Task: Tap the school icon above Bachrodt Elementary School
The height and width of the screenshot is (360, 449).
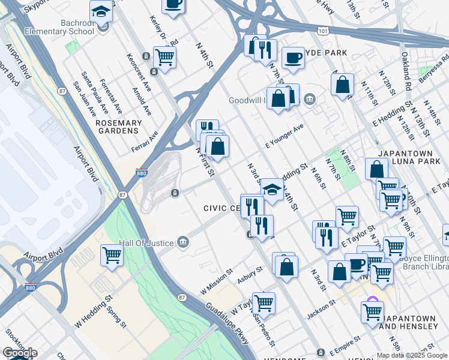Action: pos(101,11)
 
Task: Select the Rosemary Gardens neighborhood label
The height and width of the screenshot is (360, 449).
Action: pos(119,127)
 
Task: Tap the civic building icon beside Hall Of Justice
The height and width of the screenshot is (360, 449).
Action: pos(183,242)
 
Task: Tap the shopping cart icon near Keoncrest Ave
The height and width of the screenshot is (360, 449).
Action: pos(164,58)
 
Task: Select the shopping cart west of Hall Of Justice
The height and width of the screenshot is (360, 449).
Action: pos(112,255)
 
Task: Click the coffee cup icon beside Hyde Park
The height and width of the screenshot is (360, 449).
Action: pos(293,58)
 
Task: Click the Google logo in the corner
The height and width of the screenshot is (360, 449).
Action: pos(20,353)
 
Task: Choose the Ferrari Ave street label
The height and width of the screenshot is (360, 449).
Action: pos(144,142)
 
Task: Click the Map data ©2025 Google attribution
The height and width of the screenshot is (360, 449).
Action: pos(411,355)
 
